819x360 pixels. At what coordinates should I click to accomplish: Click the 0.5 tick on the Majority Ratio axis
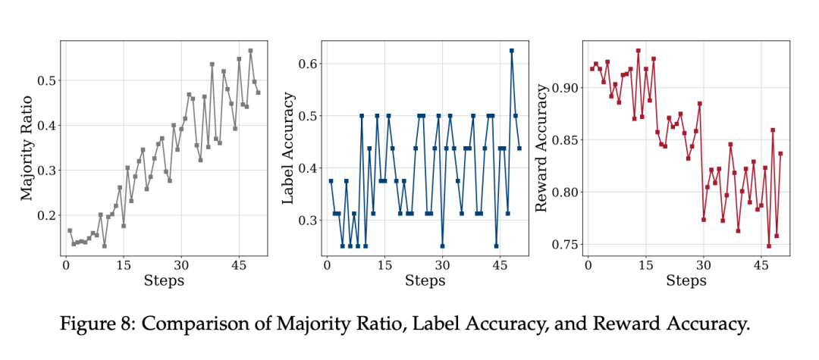click(x=46, y=80)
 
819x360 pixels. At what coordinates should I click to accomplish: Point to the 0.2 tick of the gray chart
click(x=46, y=215)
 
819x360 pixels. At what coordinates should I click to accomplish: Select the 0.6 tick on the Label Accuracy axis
click(x=308, y=64)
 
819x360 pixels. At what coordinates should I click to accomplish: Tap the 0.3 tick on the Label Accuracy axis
click(x=308, y=220)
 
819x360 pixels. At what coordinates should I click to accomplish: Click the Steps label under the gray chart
click(x=164, y=281)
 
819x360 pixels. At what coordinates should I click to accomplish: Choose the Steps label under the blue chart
click(x=425, y=281)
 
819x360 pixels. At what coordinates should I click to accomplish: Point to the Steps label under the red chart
click(x=686, y=281)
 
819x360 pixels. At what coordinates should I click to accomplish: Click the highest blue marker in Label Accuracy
click(x=512, y=51)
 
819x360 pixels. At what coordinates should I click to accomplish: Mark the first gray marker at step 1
click(x=69, y=230)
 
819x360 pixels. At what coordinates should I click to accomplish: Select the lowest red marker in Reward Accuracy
click(x=769, y=246)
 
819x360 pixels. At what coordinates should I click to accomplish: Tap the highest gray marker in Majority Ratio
click(x=250, y=51)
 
